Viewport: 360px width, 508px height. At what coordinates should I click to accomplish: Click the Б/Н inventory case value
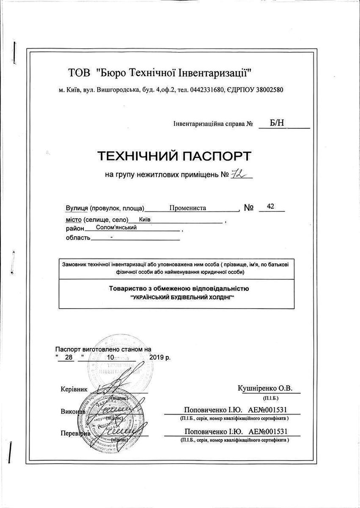(277, 123)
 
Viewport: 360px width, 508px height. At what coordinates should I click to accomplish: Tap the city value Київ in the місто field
(145, 220)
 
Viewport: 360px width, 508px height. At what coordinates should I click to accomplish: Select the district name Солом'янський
(117, 227)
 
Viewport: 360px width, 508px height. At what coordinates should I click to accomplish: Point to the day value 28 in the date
(69, 357)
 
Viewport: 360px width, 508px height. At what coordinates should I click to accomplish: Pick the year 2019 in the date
(157, 357)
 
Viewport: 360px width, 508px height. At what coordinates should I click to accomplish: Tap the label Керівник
(74, 389)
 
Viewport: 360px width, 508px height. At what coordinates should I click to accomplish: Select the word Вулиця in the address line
(77, 208)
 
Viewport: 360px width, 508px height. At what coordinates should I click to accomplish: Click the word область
(78, 237)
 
